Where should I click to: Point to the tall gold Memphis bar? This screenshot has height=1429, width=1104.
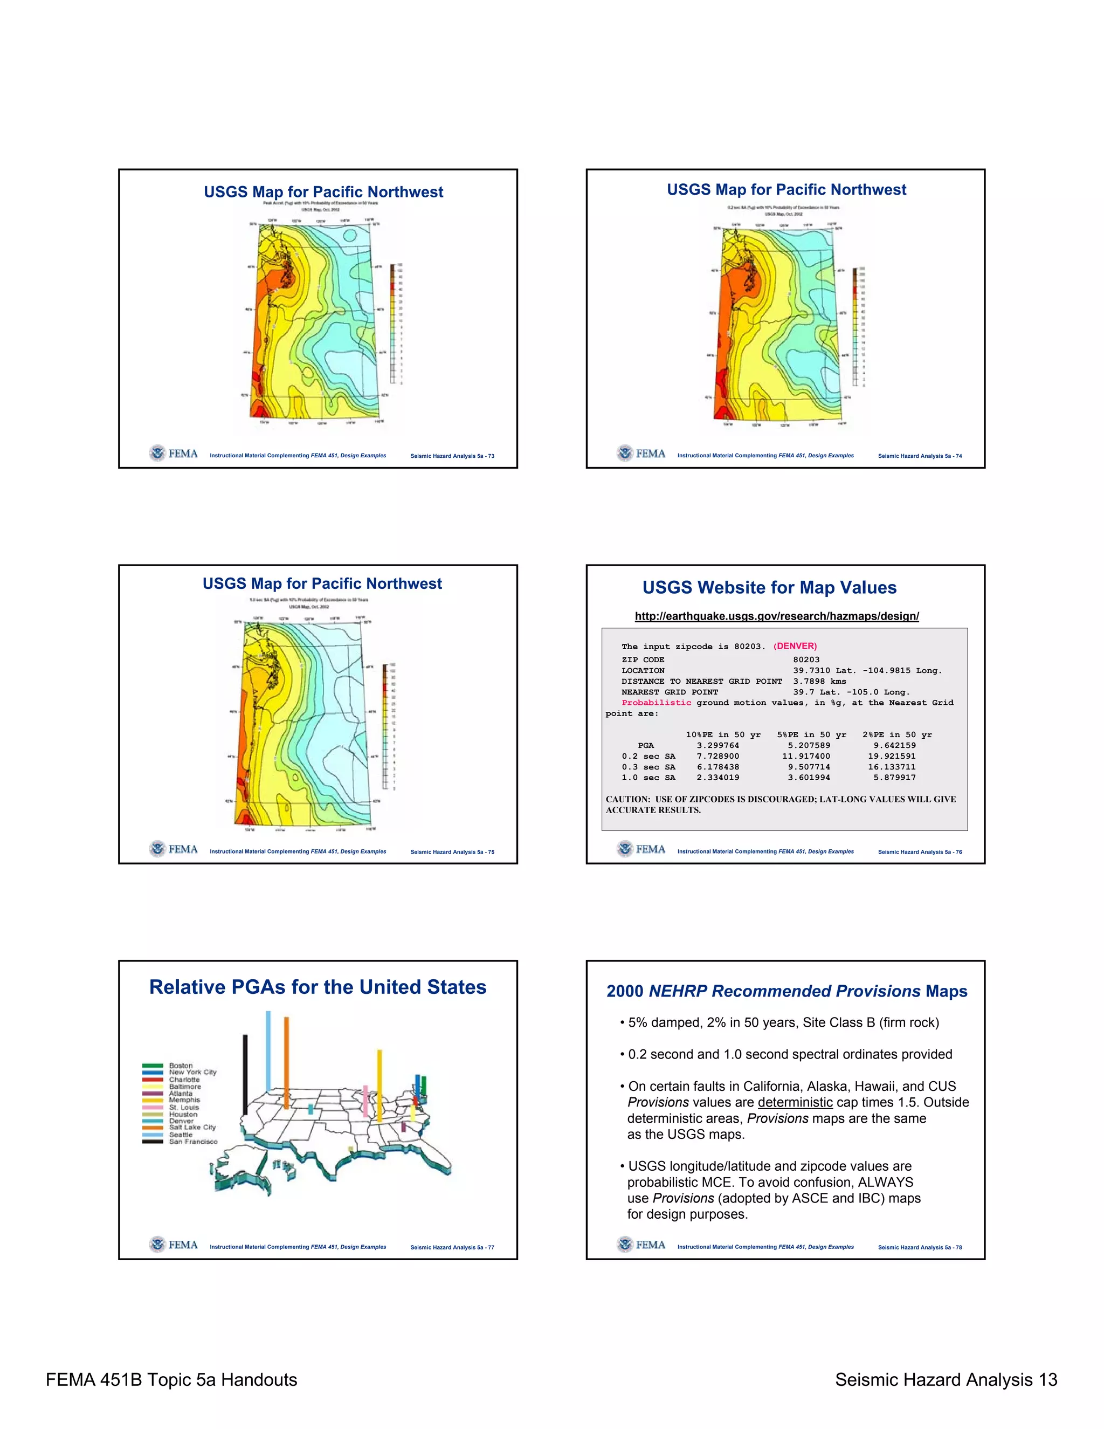(379, 1086)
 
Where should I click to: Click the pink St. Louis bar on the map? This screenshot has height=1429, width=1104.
(365, 1101)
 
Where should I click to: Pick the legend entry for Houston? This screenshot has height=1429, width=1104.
(183, 1114)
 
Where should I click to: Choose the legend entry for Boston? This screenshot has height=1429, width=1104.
(181, 1065)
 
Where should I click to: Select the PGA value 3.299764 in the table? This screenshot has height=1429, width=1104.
(717, 745)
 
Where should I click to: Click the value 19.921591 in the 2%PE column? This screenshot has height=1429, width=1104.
(892, 755)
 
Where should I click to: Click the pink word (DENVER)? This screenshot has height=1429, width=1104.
(795, 646)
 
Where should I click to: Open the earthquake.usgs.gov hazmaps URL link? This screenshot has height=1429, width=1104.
(776, 616)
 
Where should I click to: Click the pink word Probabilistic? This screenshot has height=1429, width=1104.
(656, 702)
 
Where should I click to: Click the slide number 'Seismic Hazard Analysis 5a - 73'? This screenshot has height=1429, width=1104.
(452, 456)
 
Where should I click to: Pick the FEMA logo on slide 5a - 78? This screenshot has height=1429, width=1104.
(641, 1244)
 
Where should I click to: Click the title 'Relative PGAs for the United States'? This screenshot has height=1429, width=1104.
(318, 987)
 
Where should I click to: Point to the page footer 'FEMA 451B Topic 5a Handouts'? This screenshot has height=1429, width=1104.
(171, 1380)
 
